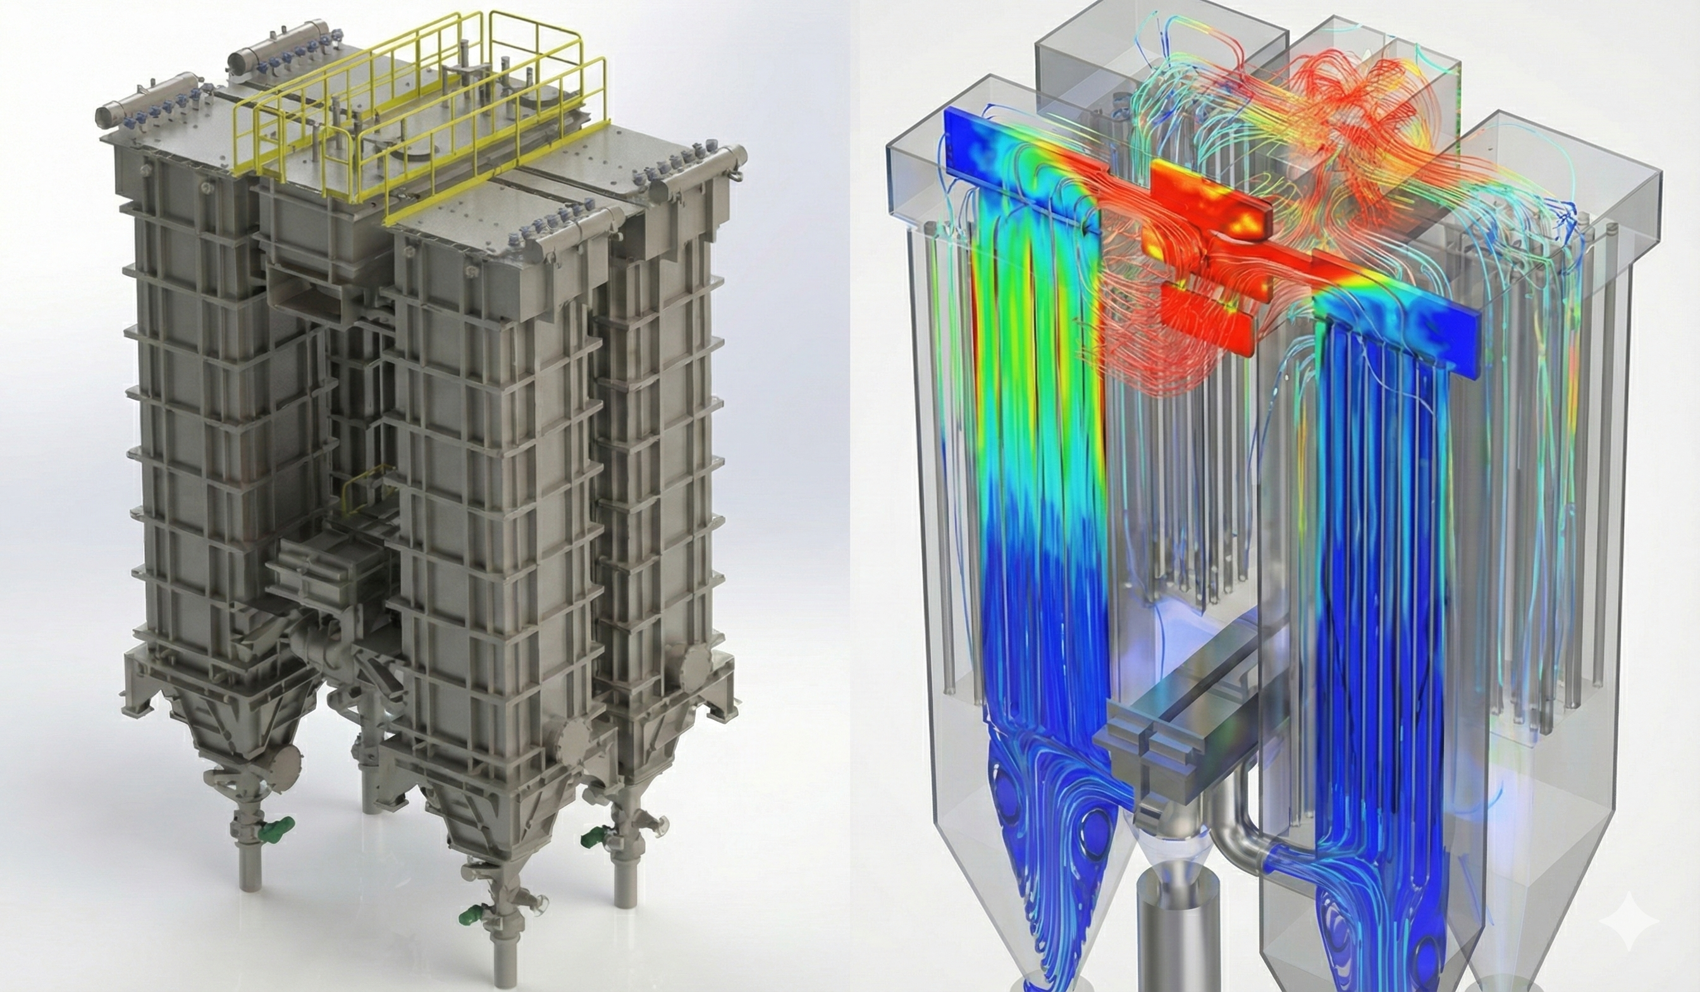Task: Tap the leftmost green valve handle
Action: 283,824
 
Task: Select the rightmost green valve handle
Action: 591,839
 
